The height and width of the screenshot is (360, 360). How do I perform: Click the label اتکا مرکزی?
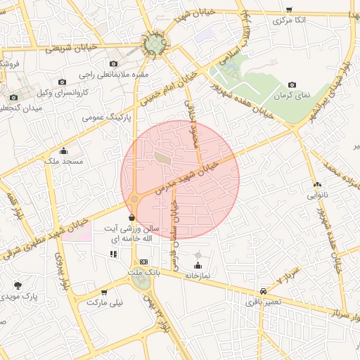pos(290,21)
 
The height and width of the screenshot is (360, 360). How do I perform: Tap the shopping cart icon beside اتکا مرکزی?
pos(289,10)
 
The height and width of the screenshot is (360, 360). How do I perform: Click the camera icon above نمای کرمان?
pos(292,84)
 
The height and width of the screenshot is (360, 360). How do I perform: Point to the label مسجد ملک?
pos(63,162)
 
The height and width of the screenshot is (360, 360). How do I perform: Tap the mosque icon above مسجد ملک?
pos(64,150)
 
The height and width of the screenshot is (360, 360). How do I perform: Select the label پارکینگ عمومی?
pos(103,117)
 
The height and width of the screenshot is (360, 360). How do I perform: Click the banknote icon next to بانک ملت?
pos(144,262)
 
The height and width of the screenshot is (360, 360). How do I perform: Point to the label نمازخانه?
pos(198,276)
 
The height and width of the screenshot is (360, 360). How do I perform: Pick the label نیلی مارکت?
pos(104,302)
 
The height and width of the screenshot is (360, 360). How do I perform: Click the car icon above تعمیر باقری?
pos(263,291)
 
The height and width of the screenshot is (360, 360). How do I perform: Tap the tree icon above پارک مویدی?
pos(18,285)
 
